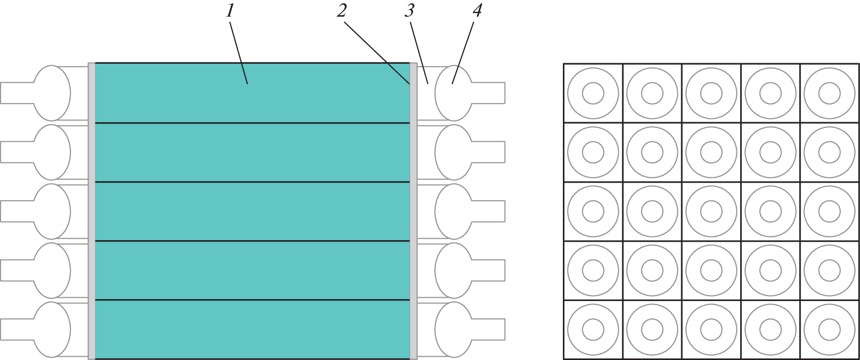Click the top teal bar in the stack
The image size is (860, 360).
(x=252, y=93)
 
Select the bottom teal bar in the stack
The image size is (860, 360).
(x=252, y=329)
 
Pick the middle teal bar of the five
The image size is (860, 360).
(x=252, y=211)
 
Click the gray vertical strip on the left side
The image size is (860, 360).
(x=92, y=211)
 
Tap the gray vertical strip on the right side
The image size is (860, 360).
(x=414, y=211)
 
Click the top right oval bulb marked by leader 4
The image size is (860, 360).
(x=453, y=93)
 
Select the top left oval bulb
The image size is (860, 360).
(x=52, y=93)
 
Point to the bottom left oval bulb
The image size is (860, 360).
(x=52, y=330)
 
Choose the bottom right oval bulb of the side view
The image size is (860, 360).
(x=453, y=330)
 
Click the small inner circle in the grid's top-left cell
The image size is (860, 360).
(x=593, y=93)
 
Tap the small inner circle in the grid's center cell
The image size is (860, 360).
(x=711, y=212)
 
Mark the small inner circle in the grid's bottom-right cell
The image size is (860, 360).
(x=830, y=330)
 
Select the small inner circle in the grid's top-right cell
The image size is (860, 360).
(x=830, y=93)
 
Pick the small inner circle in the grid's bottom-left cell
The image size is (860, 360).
(x=593, y=330)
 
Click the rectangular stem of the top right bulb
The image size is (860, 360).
(x=489, y=93)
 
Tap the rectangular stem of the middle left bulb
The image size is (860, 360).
(x=17, y=212)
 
